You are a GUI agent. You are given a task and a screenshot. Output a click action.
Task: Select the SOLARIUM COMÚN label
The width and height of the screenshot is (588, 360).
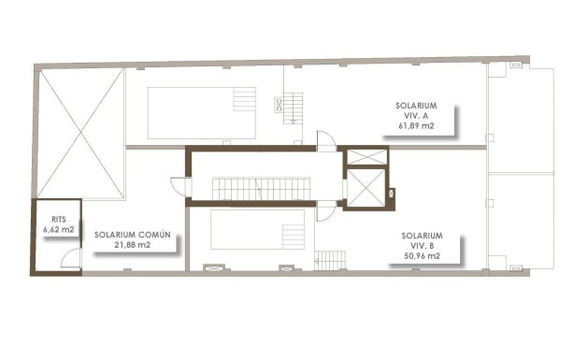point(132,235)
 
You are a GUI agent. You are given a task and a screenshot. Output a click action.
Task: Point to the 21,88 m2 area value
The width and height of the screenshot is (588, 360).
point(131,246)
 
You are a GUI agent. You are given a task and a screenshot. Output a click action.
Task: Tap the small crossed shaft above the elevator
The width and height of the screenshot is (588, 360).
point(365,156)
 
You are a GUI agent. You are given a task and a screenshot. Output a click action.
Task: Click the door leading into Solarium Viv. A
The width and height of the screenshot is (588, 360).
point(324,141)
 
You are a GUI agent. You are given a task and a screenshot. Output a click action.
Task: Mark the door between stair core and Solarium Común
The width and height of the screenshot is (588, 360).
point(183,187)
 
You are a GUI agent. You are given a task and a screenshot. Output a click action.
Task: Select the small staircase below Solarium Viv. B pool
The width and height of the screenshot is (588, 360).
point(330,259)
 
